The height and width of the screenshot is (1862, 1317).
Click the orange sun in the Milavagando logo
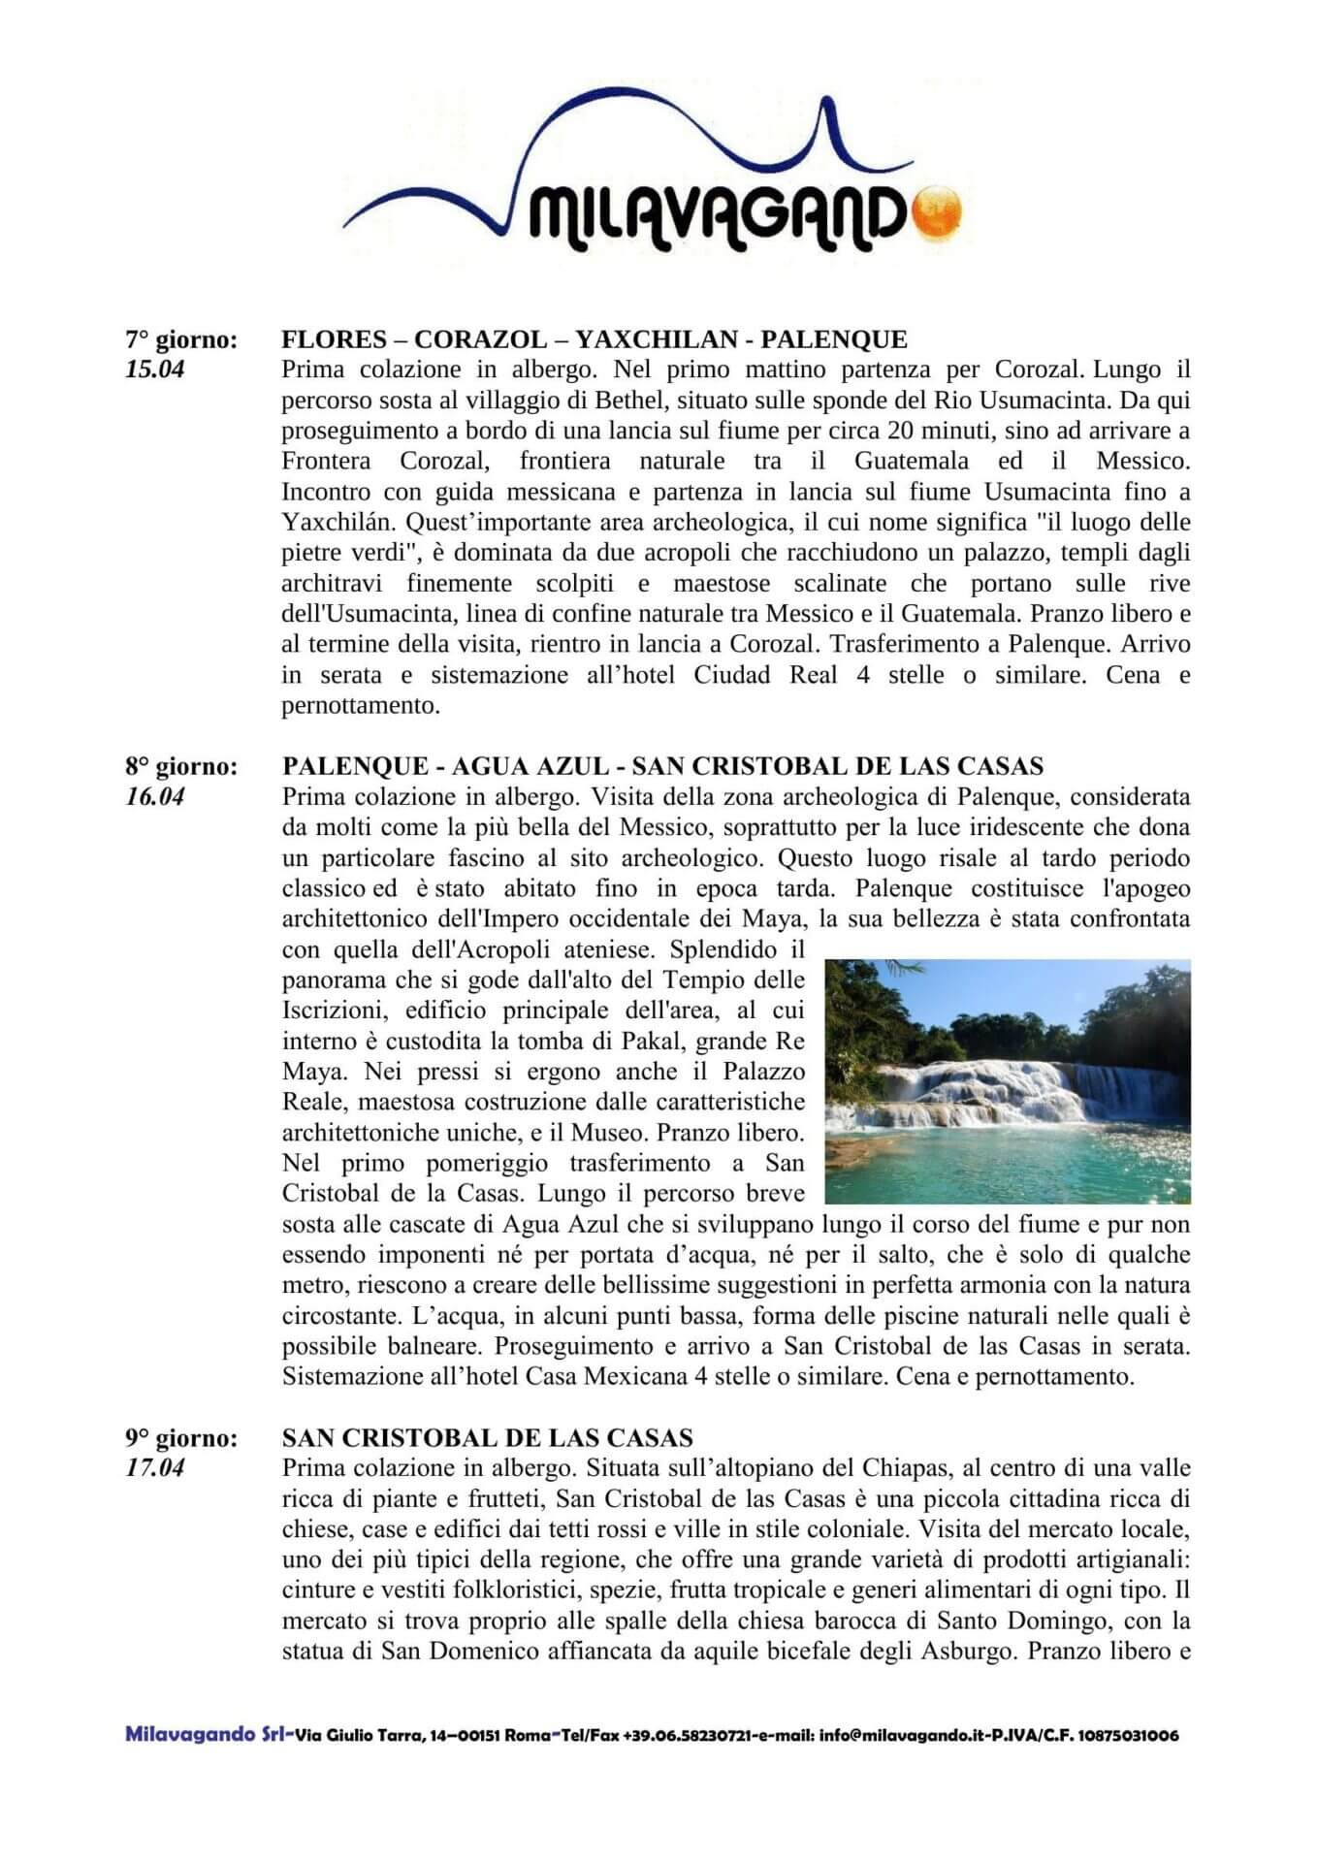pyautogui.click(x=937, y=209)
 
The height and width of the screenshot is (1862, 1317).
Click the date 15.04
pyautogui.click(x=155, y=369)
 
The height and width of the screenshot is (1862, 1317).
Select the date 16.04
pyautogui.click(x=155, y=797)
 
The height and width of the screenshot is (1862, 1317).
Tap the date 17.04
pyautogui.click(x=155, y=1468)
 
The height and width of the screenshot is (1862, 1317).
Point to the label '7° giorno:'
pyautogui.click(x=181, y=339)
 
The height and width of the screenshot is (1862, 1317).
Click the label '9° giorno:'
pyautogui.click(x=181, y=1438)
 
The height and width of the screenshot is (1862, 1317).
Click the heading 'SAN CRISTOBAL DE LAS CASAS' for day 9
pyautogui.click(x=488, y=1438)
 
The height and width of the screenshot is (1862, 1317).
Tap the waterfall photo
pyautogui.click(x=1008, y=1081)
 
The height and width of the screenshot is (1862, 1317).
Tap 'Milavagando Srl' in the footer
pyautogui.click(x=206, y=1734)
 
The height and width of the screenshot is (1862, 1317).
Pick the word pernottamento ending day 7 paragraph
pyautogui.click(x=360, y=705)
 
